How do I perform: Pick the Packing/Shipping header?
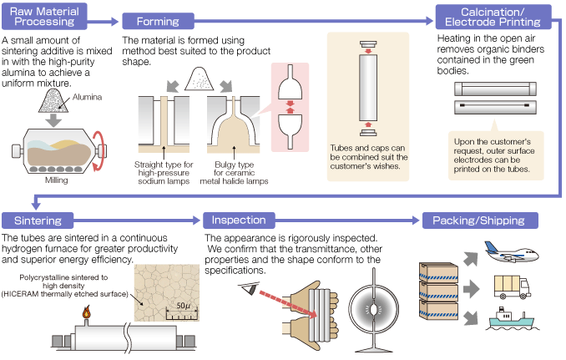pyautogui.click(x=479, y=221)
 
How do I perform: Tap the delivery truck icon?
pyautogui.click(x=512, y=286)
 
